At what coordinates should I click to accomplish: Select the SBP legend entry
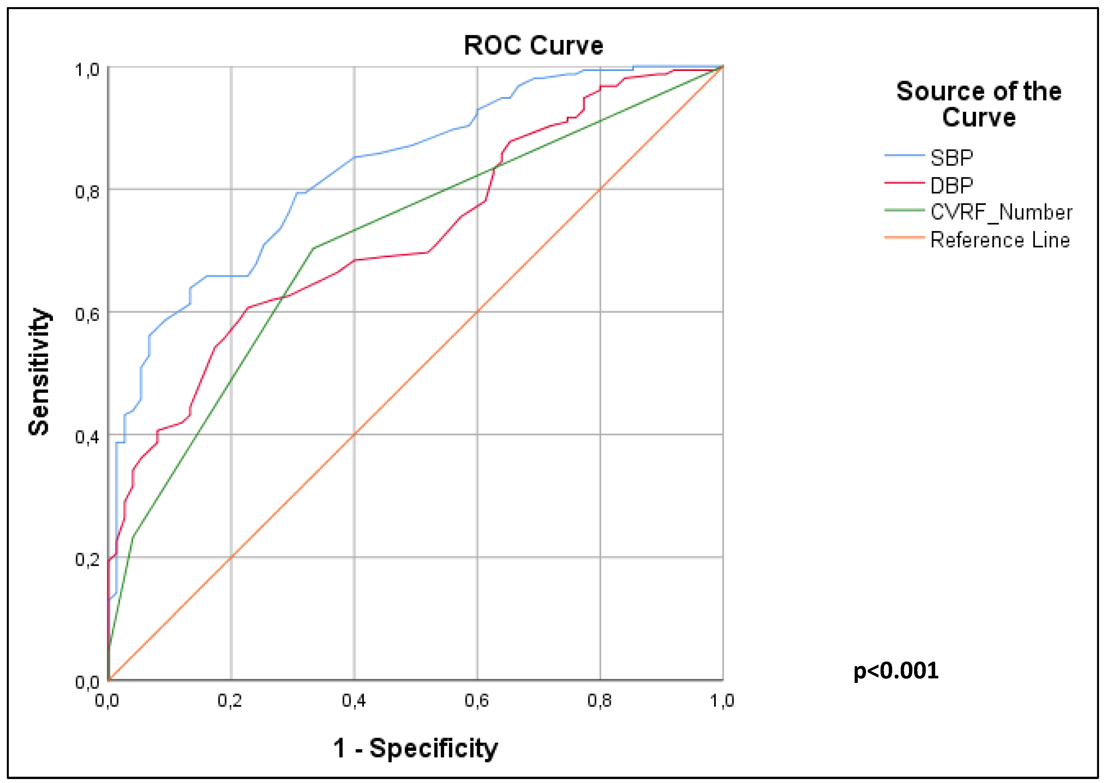951,158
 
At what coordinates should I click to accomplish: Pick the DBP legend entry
951,185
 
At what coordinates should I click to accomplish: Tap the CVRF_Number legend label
1001,212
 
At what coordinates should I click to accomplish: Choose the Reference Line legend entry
999,240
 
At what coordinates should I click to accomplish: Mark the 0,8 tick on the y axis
87,192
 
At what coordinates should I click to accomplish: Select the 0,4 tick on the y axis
87,437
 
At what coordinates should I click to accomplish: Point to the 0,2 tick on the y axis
87,559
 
